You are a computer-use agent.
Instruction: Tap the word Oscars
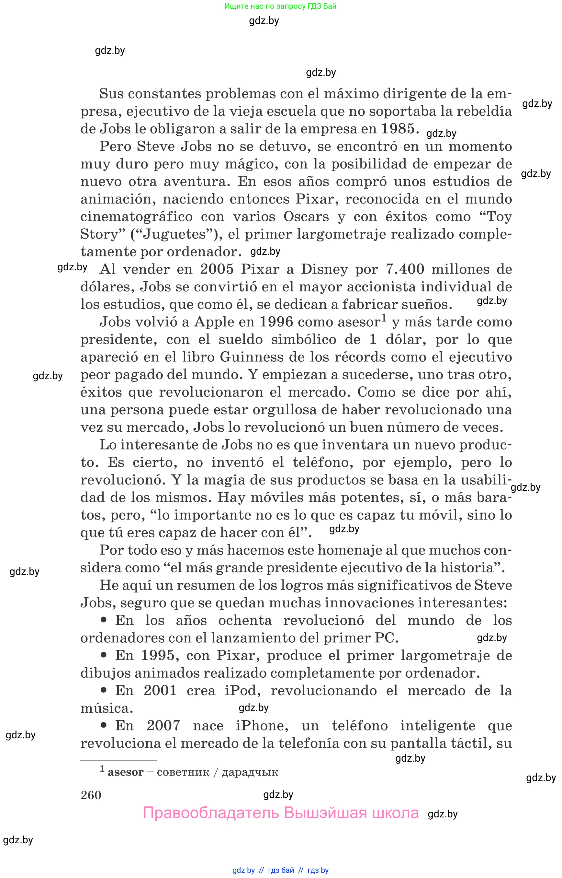click(306, 217)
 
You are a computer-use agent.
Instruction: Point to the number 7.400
click(405, 269)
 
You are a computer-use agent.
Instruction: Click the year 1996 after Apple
click(276, 322)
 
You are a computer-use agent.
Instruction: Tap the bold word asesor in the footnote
click(126, 772)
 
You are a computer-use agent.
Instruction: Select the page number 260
click(91, 795)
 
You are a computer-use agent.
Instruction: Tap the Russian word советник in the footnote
click(183, 772)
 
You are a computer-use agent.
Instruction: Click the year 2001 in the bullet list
click(160, 691)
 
